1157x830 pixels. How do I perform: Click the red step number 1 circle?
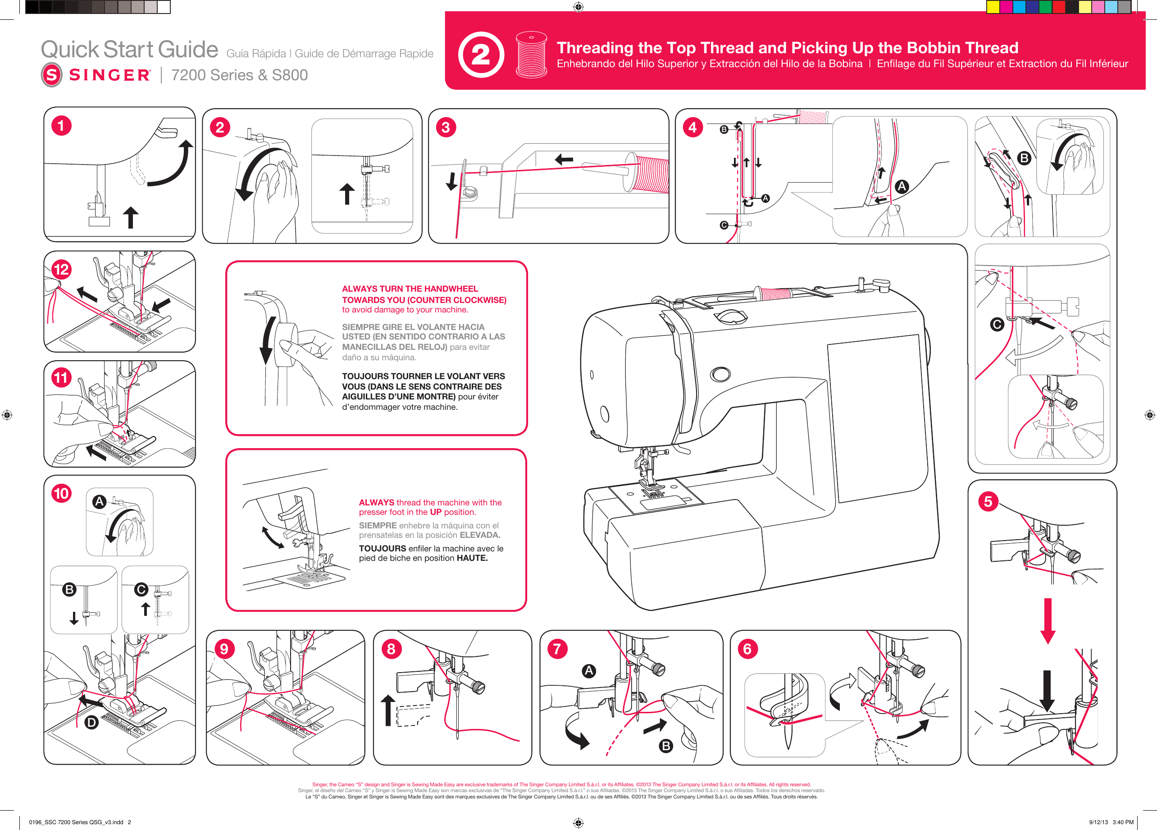[x=61, y=126]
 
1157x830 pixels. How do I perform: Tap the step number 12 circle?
[x=61, y=270]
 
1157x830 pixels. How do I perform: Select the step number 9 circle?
[x=224, y=649]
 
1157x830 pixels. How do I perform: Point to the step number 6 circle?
[x=748, y=649]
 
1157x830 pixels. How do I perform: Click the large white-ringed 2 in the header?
[x=481, y=55]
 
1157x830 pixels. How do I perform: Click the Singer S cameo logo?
[x=51, y=75]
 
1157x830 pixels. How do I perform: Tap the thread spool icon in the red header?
[x=531, y=54]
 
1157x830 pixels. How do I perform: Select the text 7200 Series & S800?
[x=239, y=75]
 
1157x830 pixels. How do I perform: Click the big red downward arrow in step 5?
[x=1048, y=621]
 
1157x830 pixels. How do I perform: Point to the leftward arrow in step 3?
[x=564, y=159]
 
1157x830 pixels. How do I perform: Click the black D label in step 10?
[x=91, y=722]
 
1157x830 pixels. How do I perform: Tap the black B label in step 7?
[x=666, y=746]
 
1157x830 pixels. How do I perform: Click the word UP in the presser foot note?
[x=436, y=512]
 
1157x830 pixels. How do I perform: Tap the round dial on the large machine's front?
[x=720, y=374]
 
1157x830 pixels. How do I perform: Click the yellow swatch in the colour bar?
[x=993, y=7]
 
